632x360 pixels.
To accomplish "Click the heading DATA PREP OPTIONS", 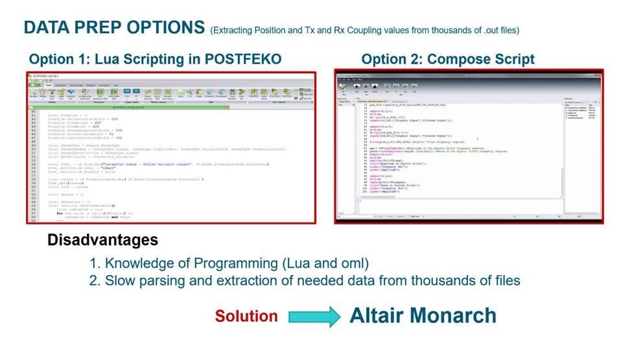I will tap(114, 27).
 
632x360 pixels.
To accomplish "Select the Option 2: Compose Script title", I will tap(448, 60).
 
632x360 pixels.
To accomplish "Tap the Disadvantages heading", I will tap(102, 240).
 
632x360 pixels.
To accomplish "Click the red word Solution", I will tap(246, 316).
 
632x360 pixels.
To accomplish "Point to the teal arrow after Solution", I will tap(314, 316).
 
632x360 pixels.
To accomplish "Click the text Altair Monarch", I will tap(423, 315).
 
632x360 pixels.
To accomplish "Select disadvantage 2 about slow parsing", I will tap(305, 280).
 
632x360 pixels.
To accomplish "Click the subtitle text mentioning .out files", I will tap(364, 30).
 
